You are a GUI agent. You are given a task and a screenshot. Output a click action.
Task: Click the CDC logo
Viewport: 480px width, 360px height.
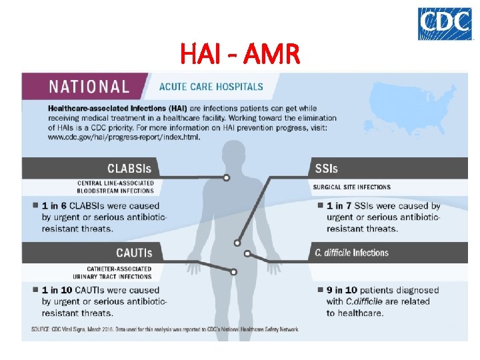[x=444, y=24]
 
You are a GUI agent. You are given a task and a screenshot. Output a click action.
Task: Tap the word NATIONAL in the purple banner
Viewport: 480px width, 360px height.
[x=89, y=86]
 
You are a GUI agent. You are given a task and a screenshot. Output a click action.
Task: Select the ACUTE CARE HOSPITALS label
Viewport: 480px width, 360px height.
[x=211, y=87]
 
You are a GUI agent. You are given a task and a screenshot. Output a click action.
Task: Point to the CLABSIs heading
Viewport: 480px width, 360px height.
[x=129, y=168]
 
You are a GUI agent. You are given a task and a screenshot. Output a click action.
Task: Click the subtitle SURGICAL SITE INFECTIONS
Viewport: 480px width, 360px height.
[x=352, y=187]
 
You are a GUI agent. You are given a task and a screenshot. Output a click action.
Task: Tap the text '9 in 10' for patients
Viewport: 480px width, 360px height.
[x=342, y=290]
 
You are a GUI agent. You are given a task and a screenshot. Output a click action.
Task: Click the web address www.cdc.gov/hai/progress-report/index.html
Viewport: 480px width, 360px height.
[x=123, y=137]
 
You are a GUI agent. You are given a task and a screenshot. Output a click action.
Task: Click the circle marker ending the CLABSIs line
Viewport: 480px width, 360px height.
[x=227, y=177]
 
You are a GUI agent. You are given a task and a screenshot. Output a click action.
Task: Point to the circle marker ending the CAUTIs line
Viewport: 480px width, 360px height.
[x=233, y=271]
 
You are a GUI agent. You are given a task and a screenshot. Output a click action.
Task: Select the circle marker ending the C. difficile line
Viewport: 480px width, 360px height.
[x=247, y=253]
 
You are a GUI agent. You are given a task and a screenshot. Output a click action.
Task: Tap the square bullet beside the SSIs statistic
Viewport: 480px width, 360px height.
[x=320, y=205]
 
